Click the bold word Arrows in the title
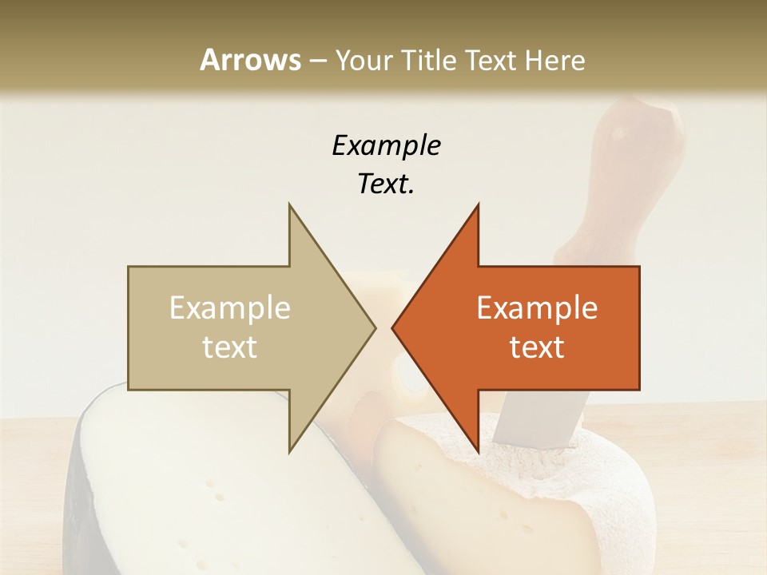249,60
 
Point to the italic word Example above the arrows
386,145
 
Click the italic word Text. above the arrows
386,184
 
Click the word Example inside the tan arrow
230,308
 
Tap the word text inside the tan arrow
230,347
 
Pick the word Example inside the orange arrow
537,308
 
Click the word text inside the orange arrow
537,347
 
